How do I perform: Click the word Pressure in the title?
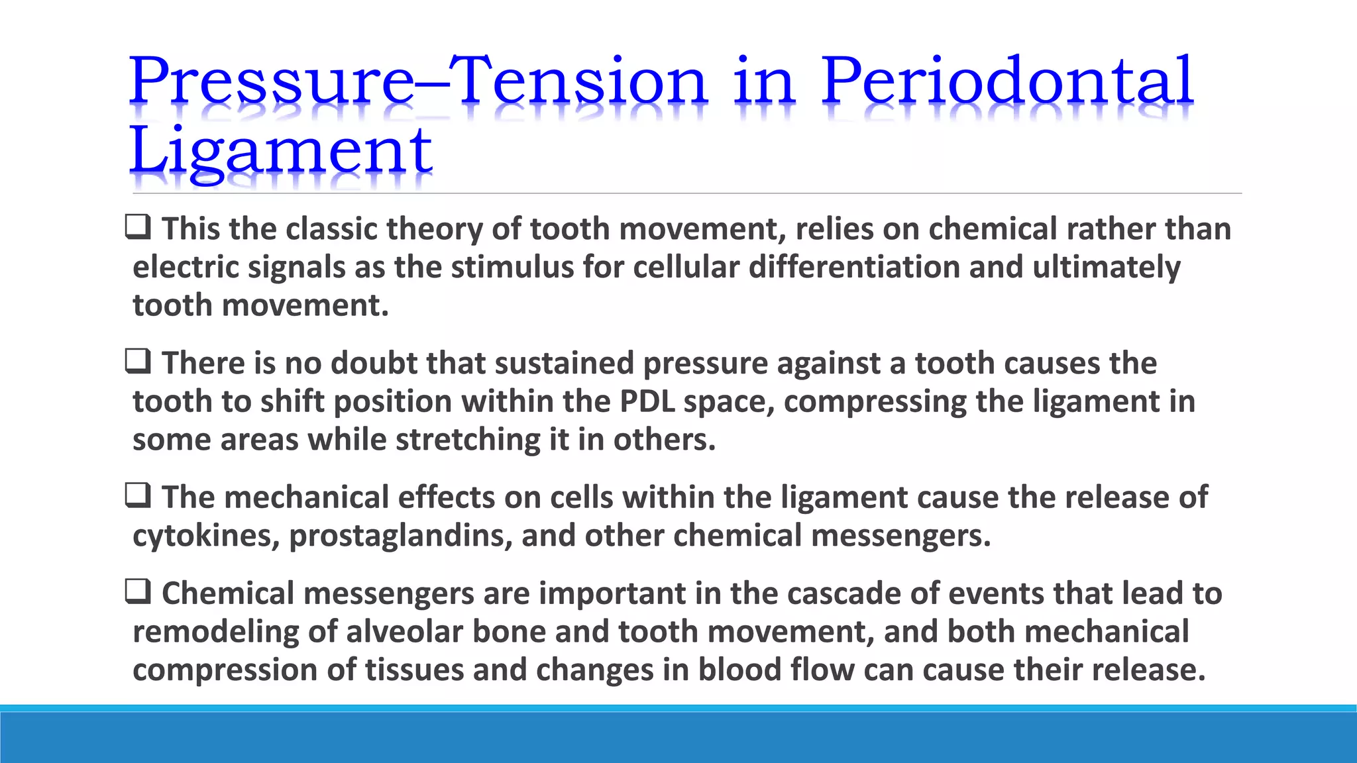click(x=272, y=82)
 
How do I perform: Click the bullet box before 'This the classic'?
click(x=138, y=228)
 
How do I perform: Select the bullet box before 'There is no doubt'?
click(x=138, y=362)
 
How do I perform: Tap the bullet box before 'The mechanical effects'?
click(x=138, y=496)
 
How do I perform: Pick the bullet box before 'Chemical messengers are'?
click(x=138, y=592)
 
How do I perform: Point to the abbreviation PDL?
click(x=647, y=401)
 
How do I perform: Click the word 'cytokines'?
click(x=205, y=536)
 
